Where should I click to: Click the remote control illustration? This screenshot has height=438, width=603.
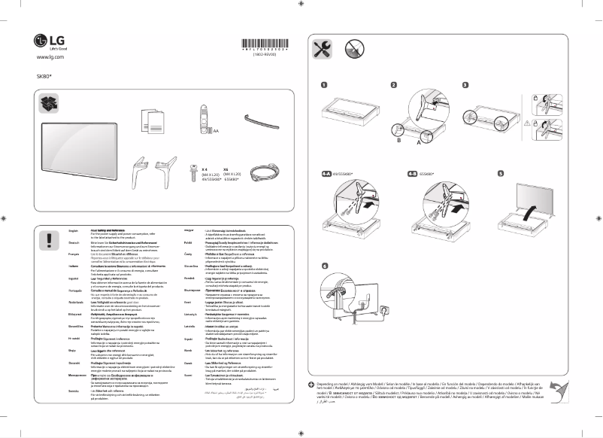click(202, 117)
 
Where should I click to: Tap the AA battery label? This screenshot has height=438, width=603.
click(216, 131)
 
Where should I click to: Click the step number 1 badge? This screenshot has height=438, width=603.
click(324, 85)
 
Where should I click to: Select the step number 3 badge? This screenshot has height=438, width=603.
click(465, 85)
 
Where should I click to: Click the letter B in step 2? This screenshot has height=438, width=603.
click(400, 140)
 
